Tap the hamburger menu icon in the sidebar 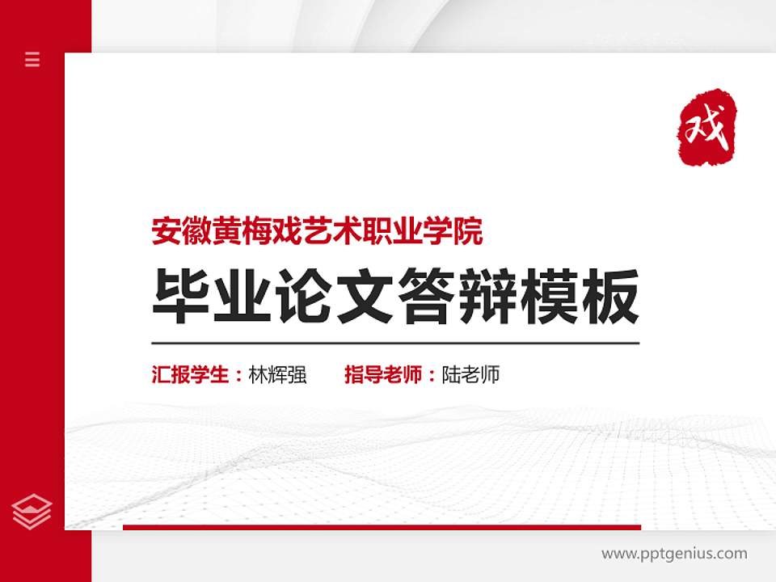32,59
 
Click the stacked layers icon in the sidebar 32,511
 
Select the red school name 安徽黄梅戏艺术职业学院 318,232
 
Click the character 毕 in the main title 178,297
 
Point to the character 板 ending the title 613,297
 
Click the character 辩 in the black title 489,297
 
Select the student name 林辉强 278,375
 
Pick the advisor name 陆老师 471,375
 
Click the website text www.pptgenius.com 674,554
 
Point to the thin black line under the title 395,344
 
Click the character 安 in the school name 165,232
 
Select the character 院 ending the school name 470,232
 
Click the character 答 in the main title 427,297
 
